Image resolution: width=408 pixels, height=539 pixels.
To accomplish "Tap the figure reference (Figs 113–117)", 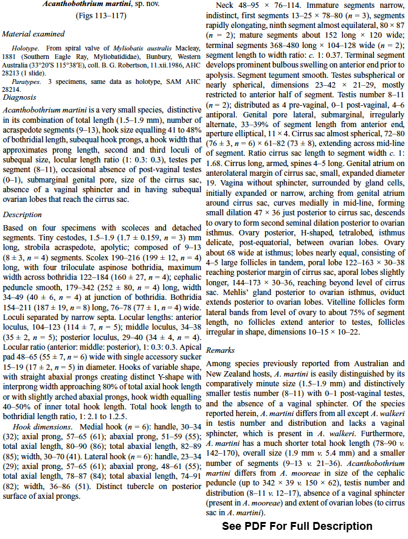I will [x=102, y=17].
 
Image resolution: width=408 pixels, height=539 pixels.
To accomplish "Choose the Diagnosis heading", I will [x=19, y=97].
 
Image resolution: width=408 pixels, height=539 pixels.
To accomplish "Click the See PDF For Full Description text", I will [x=296, y=526].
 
